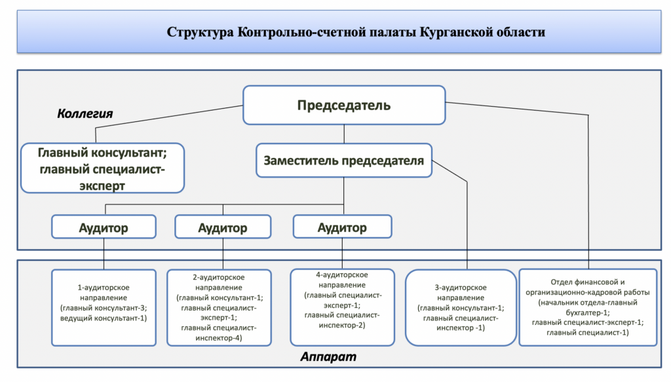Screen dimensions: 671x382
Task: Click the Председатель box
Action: (344, 105)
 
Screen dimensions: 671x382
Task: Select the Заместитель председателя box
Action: (344, 161)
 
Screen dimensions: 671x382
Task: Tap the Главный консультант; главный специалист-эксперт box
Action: (103, 168)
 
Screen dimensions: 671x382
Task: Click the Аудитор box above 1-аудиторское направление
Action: (104, 227)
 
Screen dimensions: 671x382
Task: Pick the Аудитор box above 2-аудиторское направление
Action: (223, 227)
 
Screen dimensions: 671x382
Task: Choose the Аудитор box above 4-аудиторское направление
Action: (342, 227)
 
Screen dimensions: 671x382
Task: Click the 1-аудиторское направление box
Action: (104, 307)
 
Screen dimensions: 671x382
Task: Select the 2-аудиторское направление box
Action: (219, 307)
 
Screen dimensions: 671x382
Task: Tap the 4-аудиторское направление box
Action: (342, 307)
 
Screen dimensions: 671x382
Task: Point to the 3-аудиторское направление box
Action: (461, 307)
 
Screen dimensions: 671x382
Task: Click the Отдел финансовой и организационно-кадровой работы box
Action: (588, 307)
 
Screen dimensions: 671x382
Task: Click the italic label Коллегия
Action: (85, 113)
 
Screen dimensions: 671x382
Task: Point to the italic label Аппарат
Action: (328, 356)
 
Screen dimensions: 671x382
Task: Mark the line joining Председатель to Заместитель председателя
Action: (344, 134)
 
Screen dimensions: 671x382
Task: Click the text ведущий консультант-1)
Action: (104, 318)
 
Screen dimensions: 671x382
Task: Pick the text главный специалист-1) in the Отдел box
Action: (588, 332)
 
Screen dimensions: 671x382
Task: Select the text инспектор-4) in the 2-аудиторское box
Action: (219, 338)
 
